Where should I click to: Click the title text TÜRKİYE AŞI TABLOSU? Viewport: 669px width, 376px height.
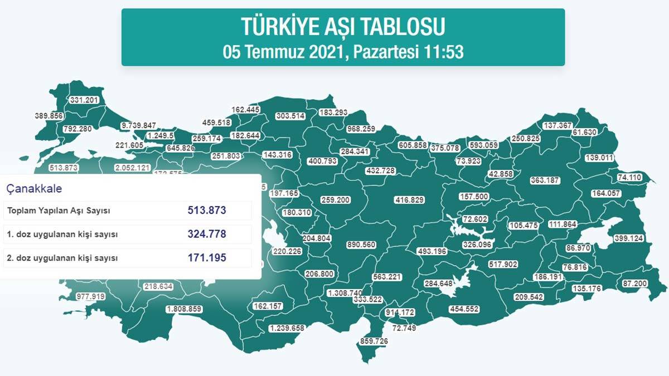click(343, 27)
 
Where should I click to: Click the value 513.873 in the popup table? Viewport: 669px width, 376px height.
click(207, 211)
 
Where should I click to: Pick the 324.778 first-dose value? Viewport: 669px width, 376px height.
click(207, 234)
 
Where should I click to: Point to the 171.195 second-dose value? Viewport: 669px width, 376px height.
click(207, 257)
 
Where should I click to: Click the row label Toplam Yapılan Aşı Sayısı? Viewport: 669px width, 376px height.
click(59, 211)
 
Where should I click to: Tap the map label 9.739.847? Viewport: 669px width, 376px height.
click(139, 126)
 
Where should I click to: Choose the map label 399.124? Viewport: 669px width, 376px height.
click(628, 238)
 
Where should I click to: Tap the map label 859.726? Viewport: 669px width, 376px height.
click(374, 340)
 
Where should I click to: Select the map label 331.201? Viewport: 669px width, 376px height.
click(84, 100)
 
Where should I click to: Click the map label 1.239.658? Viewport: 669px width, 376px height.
click(287, 328)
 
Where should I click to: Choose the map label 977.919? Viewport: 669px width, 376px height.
click(91, 296)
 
